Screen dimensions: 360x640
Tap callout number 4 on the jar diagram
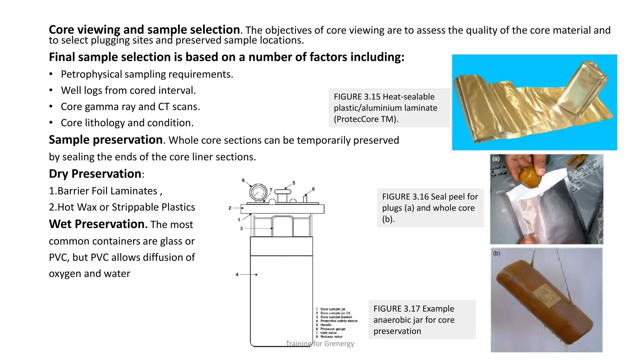pos(237,274)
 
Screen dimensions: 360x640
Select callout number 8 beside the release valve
pos(313,189)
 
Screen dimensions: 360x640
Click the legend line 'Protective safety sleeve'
pos(339,321)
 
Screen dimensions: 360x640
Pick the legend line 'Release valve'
pos(331,337)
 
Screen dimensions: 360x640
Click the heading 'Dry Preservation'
pos(95,174)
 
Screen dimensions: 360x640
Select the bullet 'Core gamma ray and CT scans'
pos(130,107)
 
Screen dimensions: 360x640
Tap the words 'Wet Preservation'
pos(98,224)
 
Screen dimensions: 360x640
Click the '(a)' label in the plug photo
pos(496,159)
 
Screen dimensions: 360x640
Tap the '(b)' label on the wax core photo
pos(497,253)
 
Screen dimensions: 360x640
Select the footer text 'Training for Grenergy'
pos(320,344)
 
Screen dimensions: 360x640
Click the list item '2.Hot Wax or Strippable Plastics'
pos(122,207)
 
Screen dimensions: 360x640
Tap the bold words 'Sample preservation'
pos(106,140)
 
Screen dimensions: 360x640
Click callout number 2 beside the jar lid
pos(230,208)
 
